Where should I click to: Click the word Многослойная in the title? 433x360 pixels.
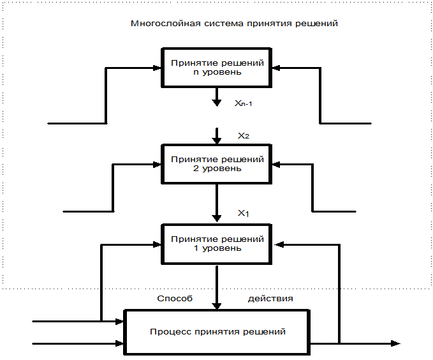click(x=166, y=24)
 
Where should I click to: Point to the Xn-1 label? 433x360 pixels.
click(x=244, y=103)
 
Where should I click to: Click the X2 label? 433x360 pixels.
click(x=244, y=136)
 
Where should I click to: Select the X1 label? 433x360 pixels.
click(x=244, y=213)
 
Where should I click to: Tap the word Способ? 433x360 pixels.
click(x=175, y=299)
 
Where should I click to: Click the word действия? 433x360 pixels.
click(x=270, y=299)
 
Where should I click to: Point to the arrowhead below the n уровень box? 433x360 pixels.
click(x=217, y=103)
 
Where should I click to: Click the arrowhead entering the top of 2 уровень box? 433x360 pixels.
click(x=217, y=140)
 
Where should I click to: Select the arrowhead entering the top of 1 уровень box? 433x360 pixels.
click(x=217, y=218)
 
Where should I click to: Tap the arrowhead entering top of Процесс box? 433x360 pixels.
click(x=217, y=306)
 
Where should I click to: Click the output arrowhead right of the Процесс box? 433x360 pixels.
click(x=396, y=343)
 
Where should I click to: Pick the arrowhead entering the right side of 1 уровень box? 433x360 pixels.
click(x=279, y=244)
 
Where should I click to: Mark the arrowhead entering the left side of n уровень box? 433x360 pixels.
click(x=157, y=68)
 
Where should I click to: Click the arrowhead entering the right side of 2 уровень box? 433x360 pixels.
click(x=276, y=165)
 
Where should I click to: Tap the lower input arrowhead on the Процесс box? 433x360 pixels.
click(x=119, y=343)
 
